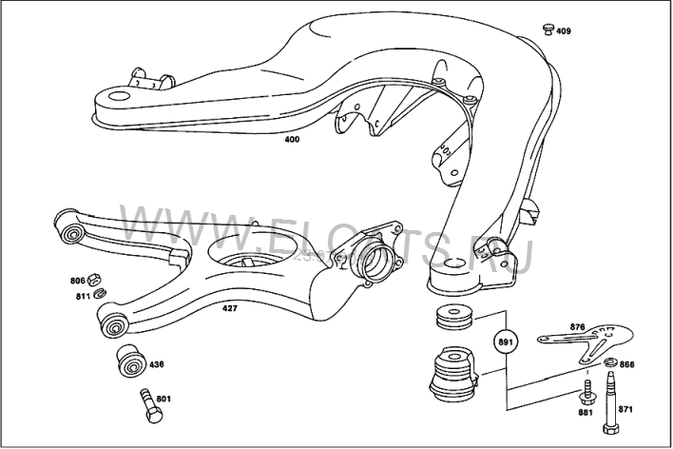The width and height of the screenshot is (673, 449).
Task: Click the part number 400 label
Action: (x=291, y=141)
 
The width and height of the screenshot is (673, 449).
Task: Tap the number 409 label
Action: (x=564, y=31)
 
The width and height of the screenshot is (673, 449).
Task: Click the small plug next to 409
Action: (x=547, y=28)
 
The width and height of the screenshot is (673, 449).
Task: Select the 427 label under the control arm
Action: (x=230, y=307)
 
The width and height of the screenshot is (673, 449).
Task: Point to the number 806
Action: (x=78, y=280)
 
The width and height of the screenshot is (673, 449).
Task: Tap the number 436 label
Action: (x=157, y=363)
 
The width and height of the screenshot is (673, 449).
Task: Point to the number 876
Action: (x=577, y=327)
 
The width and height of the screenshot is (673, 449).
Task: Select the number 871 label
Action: (x=625, y=410)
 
